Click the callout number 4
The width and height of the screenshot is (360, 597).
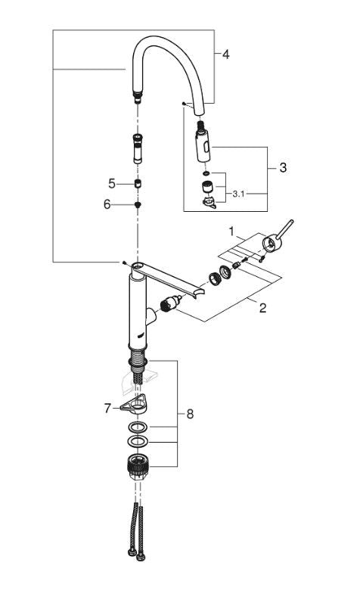(225, 54)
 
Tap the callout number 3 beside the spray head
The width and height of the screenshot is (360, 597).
(283, 168)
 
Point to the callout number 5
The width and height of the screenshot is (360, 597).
(111, 184)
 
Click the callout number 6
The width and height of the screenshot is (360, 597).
(107, 204)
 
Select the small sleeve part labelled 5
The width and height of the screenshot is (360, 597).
(137, 184)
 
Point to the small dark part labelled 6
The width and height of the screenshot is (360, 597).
(137, 204)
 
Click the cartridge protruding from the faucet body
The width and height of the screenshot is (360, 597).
(169, 306)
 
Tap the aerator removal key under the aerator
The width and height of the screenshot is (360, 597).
(208, 201)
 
